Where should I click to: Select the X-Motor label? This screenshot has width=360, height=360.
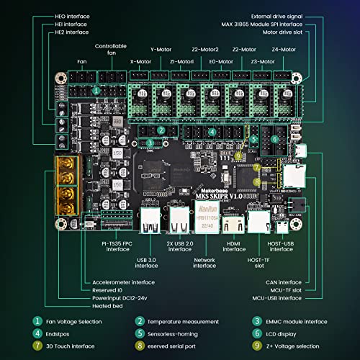point(140,61)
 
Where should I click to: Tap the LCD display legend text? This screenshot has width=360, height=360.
point(287,334)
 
